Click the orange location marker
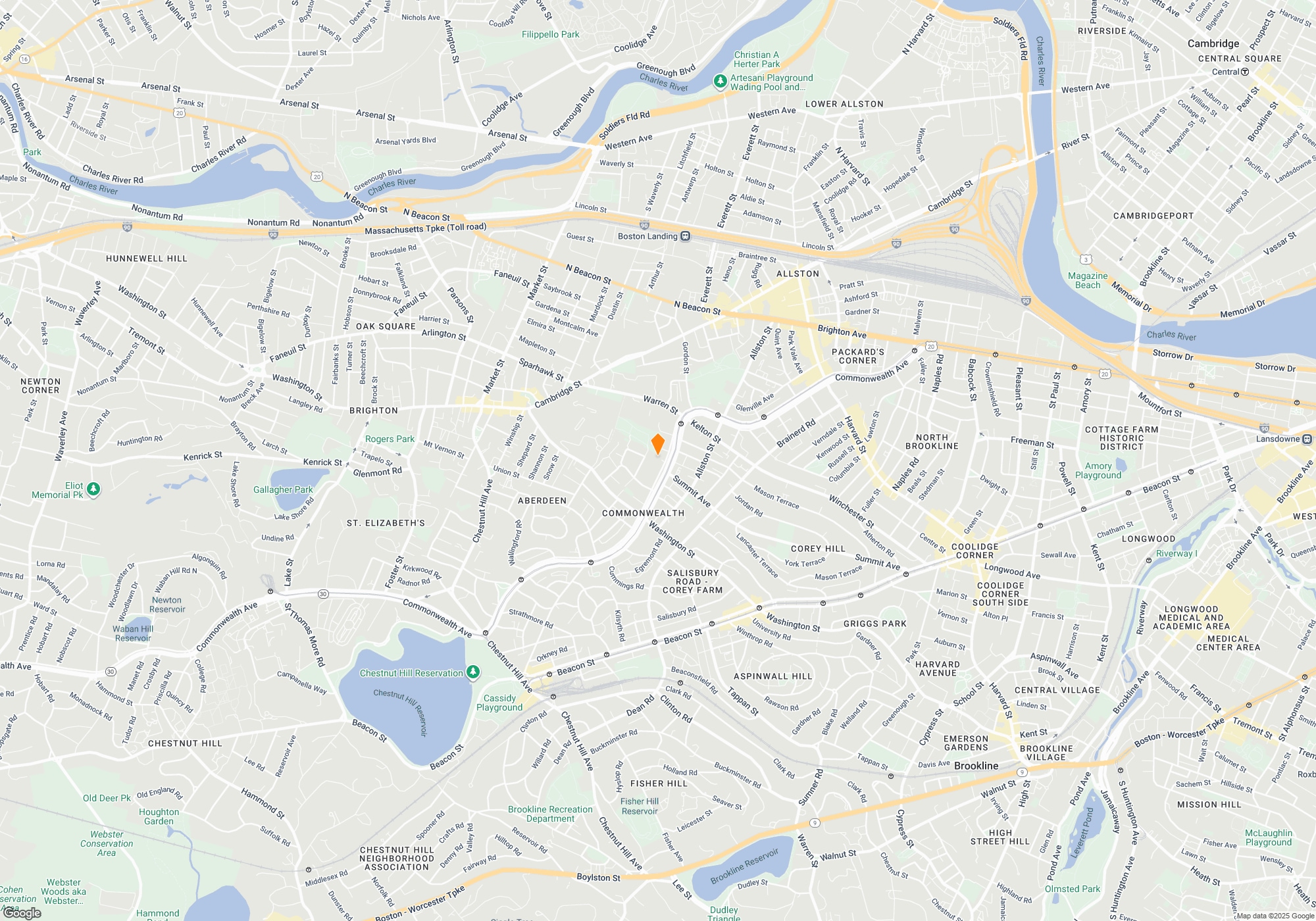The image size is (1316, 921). pyautogui.click(x=657, y=443)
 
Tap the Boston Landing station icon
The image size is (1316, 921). pyautogui.click(x=685, y=236)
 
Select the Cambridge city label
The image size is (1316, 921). pyautogui.click(x=1213, y=43)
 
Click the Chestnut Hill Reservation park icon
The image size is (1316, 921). pyautogui.click(x=473, y=672)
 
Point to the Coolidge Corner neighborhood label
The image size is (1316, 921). pyautogui.click(x=975, y=551)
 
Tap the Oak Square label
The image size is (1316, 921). pyautogui.click(x=386, y=326)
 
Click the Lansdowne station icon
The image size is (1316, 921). pyautogui.click(x=1307, y=439)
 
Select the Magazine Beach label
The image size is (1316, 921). pyautogui.click(x=1087, y=280)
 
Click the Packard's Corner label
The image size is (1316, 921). pyautogui.click(x=857, y=356)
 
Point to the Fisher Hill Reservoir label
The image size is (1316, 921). pyautogui.click(x=640, y=806)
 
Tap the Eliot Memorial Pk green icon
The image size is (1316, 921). pyautogui.click(x=93, y=489)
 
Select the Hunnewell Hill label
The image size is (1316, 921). pyautogui.click(x=147, y=259)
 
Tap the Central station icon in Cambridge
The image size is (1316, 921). pyautogui.click(x=1244, y=72)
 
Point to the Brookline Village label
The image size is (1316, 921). pyautogui.click(x=1046, y=753)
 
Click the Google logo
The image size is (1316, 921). pyautogui.click(x=22, y=913)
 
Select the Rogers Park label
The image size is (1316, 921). pyautogui.click(x=390, y=439)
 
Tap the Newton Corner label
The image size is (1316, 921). pyautogui.click(x=41, y=386)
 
